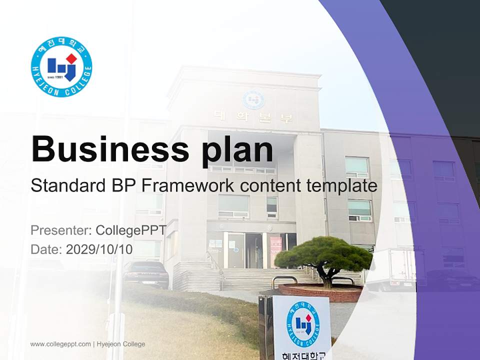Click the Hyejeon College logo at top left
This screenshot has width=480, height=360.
coord(61,66)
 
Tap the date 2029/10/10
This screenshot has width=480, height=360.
coord(99,249)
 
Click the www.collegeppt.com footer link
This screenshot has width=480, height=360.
coord(60,344)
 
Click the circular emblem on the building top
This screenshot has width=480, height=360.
coord(253,99)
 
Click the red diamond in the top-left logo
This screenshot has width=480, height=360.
coord(71,58)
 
